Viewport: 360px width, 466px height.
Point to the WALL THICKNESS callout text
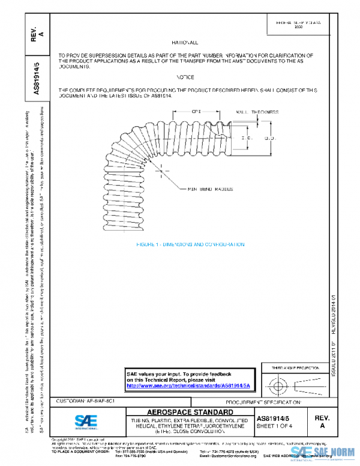[x=257, y=112]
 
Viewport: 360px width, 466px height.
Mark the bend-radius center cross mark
[x=160, y=171]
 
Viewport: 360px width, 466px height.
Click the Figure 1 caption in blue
[x=190, y=244]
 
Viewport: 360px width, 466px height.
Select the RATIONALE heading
[x=185, y=43]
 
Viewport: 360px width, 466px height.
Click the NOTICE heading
[x=185, y=78]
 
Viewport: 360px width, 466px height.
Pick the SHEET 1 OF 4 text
[x=275, y=426]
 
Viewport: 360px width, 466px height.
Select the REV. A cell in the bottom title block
[x=322, y=420]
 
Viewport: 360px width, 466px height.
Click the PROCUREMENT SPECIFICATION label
[x=263, y=401]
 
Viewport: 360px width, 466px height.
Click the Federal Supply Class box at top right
[x=307, y=25]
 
